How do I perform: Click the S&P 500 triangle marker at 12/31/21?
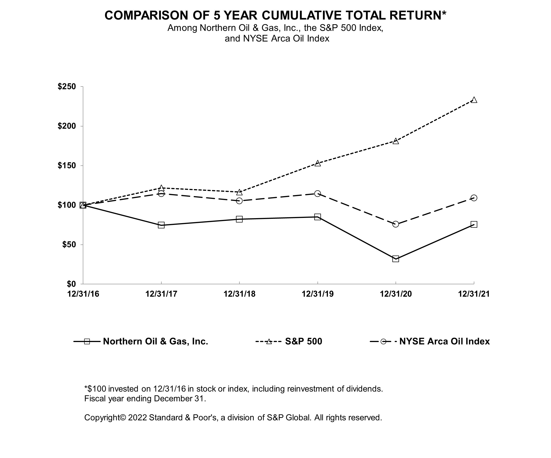click(474, 100)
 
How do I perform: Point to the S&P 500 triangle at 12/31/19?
click(317, 163)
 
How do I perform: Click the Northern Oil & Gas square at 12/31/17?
click(161, 225)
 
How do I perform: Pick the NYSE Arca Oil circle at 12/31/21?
click(474, 198)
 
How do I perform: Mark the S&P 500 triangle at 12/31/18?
click(239, 192)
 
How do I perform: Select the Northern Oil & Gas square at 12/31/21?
click(474, 224)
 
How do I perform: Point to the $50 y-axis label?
click(69, 244)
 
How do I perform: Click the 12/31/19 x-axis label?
click(317, 294)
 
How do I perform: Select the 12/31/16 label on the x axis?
click(83, 294)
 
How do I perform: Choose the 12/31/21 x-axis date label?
click(474, 294)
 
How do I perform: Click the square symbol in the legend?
click(87, 341)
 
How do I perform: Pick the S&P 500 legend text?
click(304, 341)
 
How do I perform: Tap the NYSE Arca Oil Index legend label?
click(444, 341)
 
